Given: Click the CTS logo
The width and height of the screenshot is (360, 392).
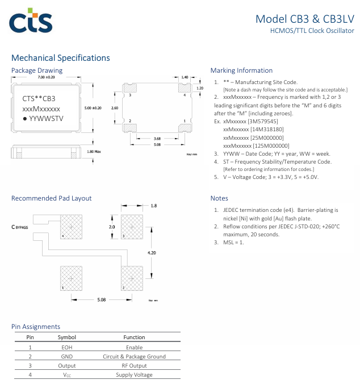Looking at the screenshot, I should coord(31,22).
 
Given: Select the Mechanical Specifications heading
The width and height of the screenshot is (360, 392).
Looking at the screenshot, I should coord(61,58).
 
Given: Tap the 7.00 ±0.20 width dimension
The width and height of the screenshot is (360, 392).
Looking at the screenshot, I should coord(46,77).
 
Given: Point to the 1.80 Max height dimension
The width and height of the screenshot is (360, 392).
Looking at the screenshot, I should coord(94,152).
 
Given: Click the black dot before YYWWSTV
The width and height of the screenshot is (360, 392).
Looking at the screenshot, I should coord(24,118).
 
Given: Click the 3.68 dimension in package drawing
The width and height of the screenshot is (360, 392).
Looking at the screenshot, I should coord(157,137).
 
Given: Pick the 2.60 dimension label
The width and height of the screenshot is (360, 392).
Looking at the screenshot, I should coord(115,107).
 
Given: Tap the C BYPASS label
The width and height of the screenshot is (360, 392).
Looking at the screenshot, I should coord(20,227).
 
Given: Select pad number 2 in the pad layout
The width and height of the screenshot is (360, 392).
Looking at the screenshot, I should coord(132,278).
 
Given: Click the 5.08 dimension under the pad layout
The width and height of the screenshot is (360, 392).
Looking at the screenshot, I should coord(102,298).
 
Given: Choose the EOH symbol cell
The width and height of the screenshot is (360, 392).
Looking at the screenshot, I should coord(66,347).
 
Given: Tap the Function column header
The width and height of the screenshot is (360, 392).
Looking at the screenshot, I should coord(134,337).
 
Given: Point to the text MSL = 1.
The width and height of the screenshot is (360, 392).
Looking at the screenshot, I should coord(233,243).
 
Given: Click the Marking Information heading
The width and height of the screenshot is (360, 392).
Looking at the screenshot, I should coord(241,70).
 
